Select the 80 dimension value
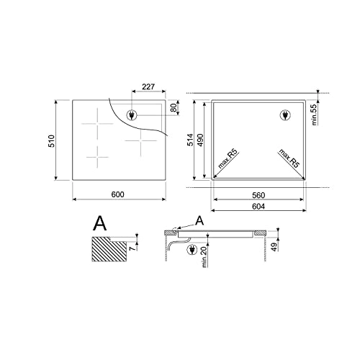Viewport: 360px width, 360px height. [x=173, y=108]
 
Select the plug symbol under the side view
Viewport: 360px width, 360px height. [x=192, y=250]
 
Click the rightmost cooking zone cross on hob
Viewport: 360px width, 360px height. [x=136, y=141]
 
